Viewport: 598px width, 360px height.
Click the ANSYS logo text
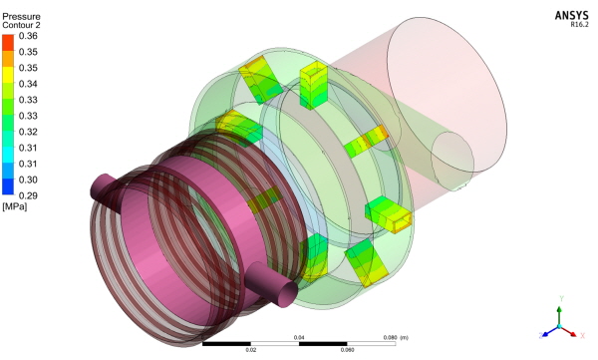(x=571, y=15)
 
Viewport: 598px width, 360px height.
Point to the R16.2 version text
(x=579, y=25)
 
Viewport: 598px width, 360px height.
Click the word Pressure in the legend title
(x=21, y=17)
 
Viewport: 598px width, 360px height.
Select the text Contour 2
(x=21, y=25)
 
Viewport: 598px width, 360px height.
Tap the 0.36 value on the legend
(x=28, y=36)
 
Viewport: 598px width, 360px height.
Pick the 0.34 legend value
(x=28, y=84)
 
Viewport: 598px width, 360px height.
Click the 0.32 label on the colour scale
(x=28, y=132)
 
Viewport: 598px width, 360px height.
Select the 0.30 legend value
(x=28, y=180)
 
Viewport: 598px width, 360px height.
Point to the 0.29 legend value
(x=28, y=195)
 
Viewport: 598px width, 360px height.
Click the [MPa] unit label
(x=15, y=206)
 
